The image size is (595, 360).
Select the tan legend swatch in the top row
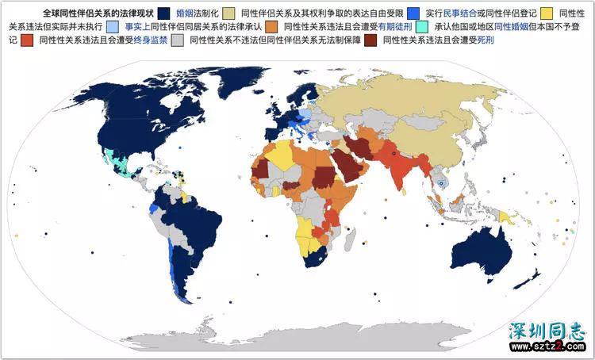[228, 13]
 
